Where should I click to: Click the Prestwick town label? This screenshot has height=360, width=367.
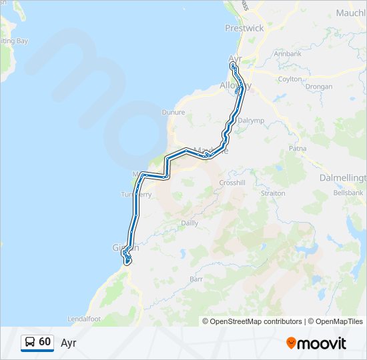[244, 29]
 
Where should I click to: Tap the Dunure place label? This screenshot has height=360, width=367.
[173, 113]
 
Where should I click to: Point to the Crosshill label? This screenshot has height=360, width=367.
[233, 183]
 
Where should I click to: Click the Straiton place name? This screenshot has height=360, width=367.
[273, 193]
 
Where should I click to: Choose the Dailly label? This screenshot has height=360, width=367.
[190, 223]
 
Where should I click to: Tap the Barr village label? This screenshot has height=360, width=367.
[196, 279]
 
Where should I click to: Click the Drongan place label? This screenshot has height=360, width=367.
[319, 87]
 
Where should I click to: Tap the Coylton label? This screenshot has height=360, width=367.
[290, 79]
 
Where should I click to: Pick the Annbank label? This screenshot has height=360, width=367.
[288, 53]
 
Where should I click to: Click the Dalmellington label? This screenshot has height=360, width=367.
[343, 178]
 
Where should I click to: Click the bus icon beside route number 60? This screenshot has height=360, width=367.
[30, 342]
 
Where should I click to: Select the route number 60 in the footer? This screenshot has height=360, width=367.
[45, 342]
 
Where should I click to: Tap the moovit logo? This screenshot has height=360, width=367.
[316, 343]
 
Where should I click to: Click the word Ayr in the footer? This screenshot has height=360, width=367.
[69, 343]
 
